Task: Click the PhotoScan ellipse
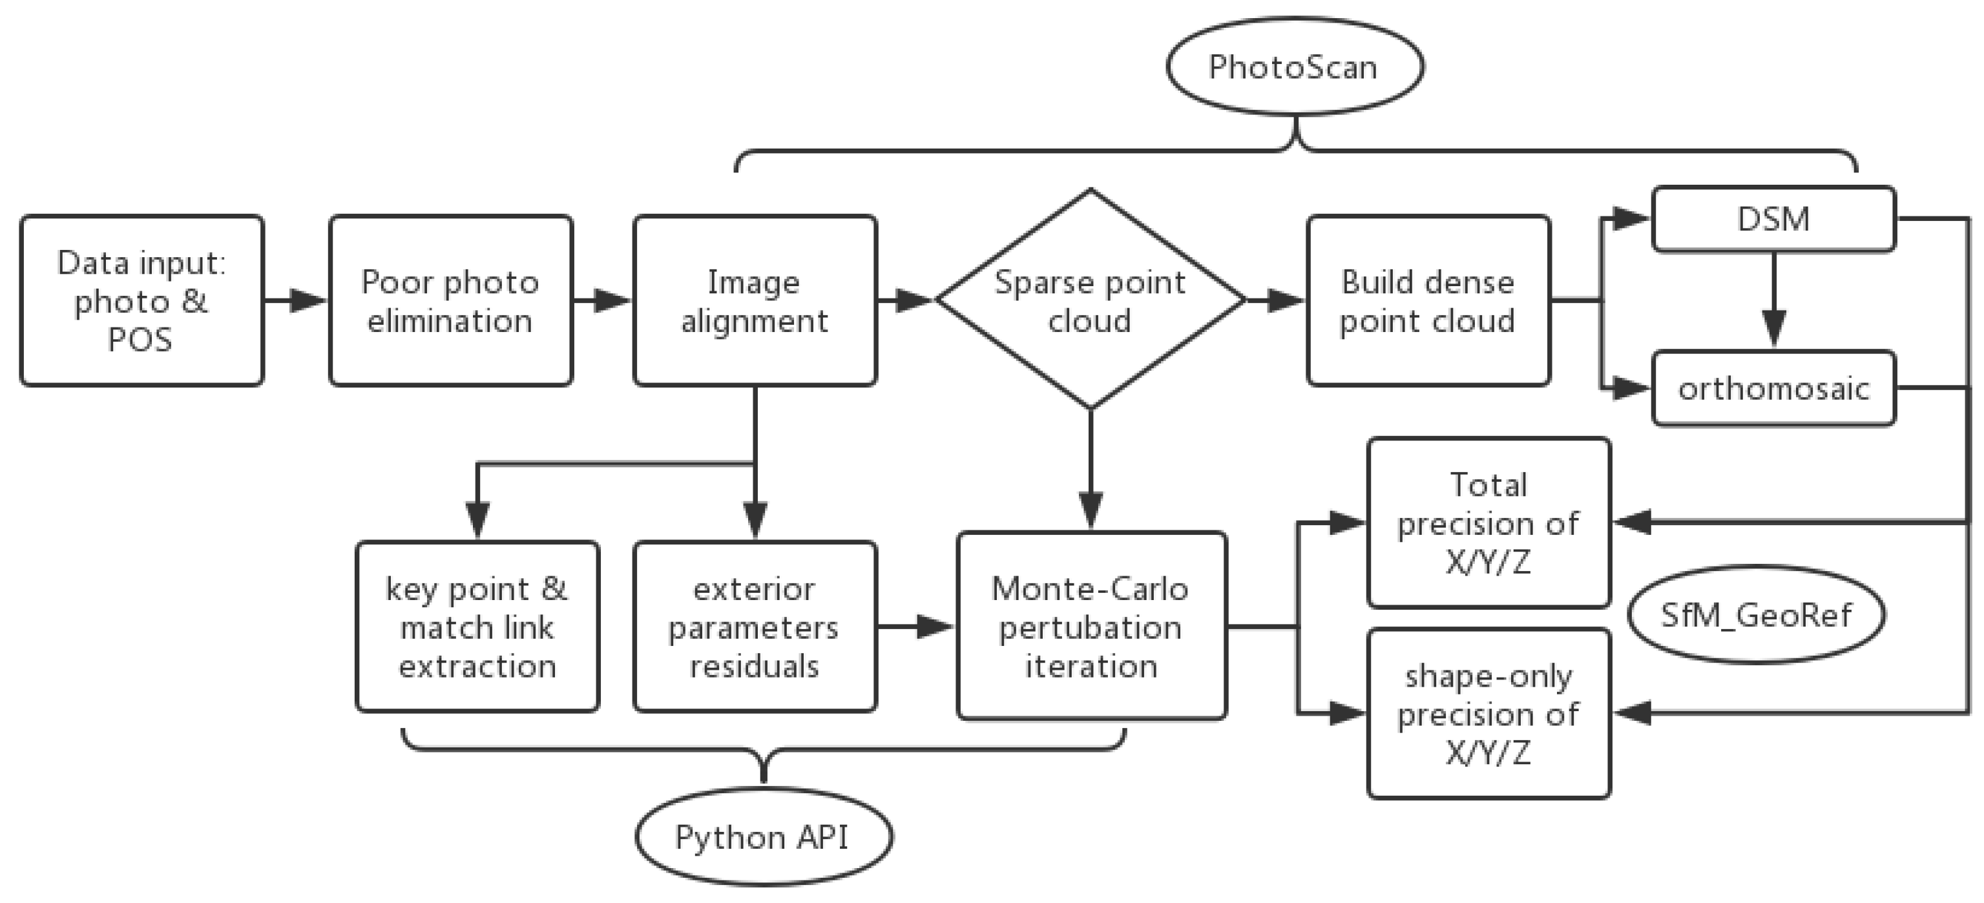[1295, 67]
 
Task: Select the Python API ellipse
[763, 837]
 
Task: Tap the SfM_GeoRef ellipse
[1756, 614]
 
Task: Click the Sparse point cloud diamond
[1090, 300]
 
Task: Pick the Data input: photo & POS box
[141, 300]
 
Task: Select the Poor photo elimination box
[450, 300]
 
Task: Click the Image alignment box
[755, 300]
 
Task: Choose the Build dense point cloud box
[1428, 300]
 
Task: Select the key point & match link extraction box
[477, 627]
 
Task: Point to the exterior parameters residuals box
[755, 627]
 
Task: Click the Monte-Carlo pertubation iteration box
[1091, 627]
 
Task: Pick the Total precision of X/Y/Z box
[1488, 523]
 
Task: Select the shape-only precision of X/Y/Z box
[1488, 714]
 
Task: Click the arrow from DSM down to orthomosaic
[1774, 300]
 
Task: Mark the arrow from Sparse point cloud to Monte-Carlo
[1091, 470]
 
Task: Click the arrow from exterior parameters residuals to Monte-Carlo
[917, 627]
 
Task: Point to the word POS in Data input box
[140, 340]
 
